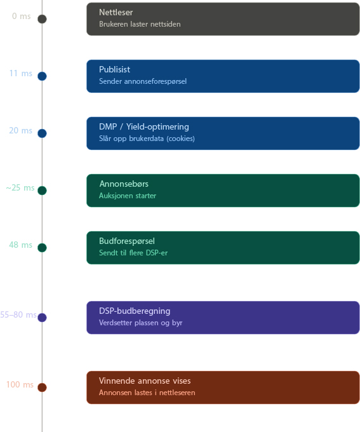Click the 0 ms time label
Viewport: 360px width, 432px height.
coord(21,17)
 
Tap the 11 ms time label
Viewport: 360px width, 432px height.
coord(21,73)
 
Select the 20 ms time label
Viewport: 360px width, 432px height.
coord(21,130)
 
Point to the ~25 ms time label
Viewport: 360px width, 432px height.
coord(20,187)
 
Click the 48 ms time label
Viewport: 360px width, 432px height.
coord(21,245)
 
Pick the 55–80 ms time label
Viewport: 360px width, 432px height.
coord(18,314)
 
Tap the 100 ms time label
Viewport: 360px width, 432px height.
coord(20,384)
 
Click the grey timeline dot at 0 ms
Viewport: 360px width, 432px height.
coord(42,19)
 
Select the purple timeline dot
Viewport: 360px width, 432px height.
coord(42,318)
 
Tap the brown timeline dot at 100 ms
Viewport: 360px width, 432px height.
coord(42,388)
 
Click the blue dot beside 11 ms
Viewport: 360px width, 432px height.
coord(42,76)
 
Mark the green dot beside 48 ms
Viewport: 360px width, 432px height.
coord(42,247)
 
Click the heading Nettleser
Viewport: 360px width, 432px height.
coord(116,13)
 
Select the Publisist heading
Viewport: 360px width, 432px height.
coord(114,69)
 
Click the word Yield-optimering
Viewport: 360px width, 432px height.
coord(157,126)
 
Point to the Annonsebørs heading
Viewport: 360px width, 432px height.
coord(124,184)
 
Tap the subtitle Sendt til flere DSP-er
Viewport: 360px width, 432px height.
coord(133,253)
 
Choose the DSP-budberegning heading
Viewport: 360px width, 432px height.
coord(135,311)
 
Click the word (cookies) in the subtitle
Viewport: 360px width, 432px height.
coord(180,138)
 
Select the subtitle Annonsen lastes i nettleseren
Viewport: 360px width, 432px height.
coord(147,393)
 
